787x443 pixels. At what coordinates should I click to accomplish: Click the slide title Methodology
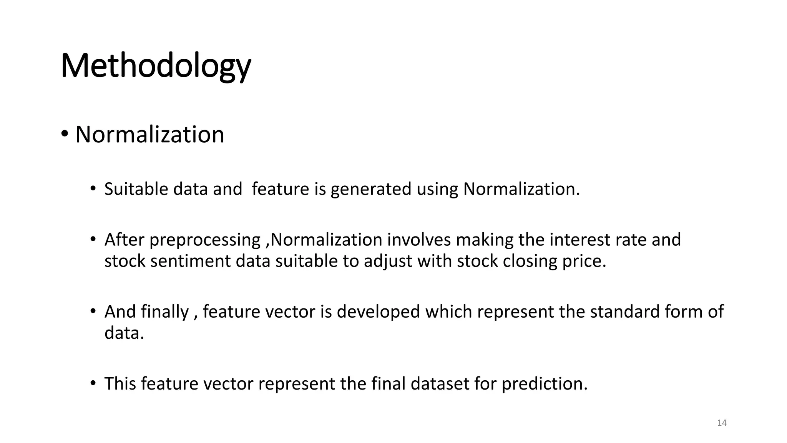[156, 66]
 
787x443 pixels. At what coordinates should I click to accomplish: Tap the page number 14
[722, 423]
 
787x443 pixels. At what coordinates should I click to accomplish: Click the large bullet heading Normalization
[149, 135]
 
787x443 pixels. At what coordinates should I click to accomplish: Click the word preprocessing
[205, 240]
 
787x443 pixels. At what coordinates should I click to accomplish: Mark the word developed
[379, 311]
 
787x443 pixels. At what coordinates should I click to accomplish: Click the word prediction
[545, 383]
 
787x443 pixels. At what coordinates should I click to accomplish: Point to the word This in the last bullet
[120, 383]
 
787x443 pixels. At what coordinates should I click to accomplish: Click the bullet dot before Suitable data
[93, 188]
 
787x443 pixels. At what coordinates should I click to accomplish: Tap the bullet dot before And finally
[93, 311]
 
